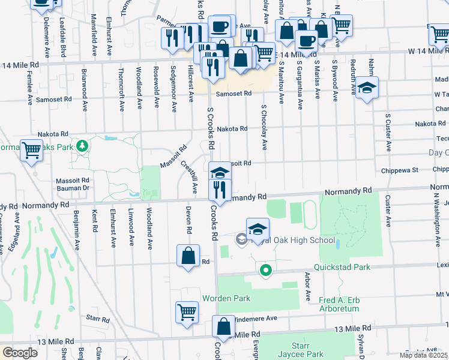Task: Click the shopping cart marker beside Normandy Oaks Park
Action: [x=31, y=151]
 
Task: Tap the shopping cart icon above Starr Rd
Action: [x=187, y=312]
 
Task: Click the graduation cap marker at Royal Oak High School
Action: [x=258, y=229]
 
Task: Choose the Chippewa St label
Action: [x=399, y=170]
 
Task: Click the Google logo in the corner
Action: [x=20, y=353]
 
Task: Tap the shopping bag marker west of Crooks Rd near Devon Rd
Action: [x=188, y=256]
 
